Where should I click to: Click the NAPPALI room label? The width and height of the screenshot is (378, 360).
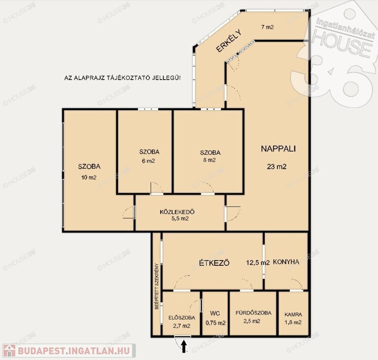(x=278, y=149)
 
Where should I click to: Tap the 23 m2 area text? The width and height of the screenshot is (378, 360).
(x=276, y=166)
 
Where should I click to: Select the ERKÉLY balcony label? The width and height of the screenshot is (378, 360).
(x=229, y=41)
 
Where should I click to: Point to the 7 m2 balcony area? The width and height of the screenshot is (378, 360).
(x=267, y=27)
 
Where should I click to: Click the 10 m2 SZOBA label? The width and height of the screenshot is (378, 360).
(x=89, y=166)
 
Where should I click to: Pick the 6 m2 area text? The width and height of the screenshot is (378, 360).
(x=148, y=161)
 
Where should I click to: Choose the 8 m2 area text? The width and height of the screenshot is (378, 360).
(x=209, y=160)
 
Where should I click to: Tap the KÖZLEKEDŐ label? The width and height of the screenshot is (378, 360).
(x=177, y=212)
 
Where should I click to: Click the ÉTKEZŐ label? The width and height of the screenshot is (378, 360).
(x=215, y=262)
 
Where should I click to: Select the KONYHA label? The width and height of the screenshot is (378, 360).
(x=286, y=262)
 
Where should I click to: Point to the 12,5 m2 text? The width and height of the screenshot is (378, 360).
(x=258, y=262)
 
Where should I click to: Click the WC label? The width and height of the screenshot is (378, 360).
(x=215, y=314)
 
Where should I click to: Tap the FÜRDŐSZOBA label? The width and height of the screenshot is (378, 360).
(x=253, y=313)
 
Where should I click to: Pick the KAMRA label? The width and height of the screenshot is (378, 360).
(x=293, y=315)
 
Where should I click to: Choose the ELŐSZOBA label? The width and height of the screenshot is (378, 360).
(x=182, y=318)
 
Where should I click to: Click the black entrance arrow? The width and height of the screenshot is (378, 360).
(x=184, y=346)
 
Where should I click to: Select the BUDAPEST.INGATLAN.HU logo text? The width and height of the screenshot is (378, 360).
(x=74, y=351)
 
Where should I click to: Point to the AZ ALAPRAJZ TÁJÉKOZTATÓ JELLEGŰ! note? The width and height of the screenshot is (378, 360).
(x=122, y=78)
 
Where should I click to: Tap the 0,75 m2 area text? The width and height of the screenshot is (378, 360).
(x=215, y=323)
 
